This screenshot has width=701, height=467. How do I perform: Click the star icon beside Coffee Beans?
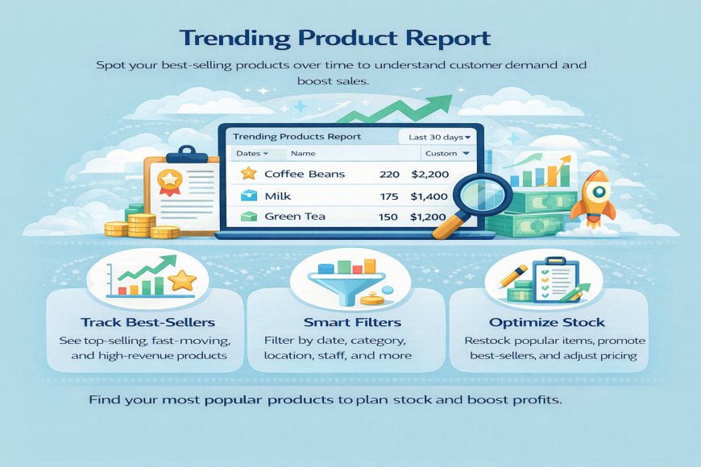(248, 174)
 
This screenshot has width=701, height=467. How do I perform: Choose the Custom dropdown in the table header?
(452, 153)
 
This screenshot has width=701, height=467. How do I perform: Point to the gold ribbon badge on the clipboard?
(169, 180)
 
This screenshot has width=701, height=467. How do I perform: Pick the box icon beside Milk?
(248, 196)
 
